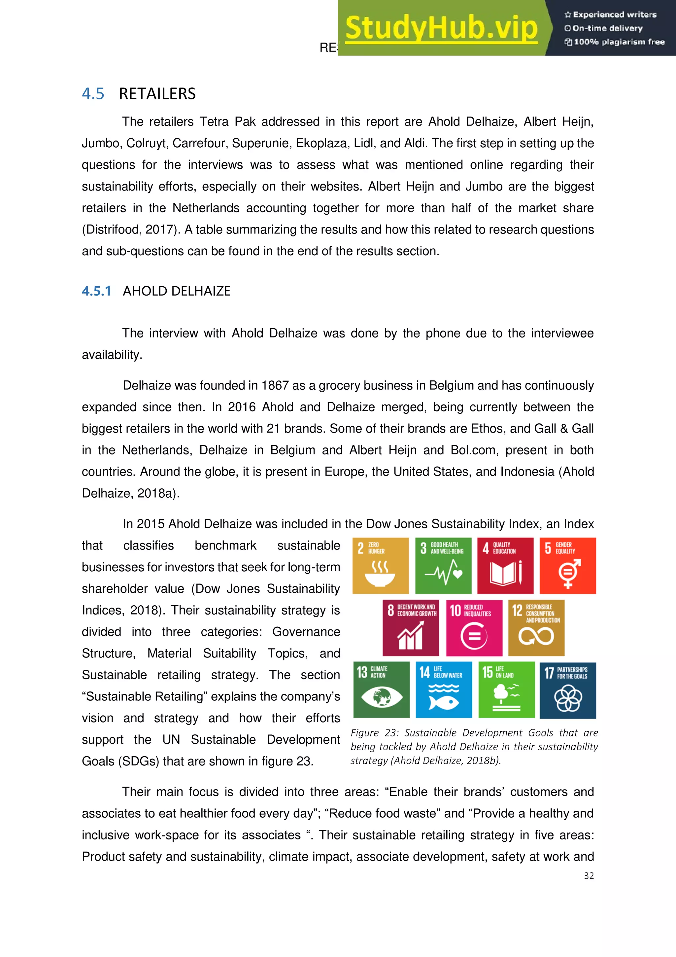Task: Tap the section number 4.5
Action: click(93, 94)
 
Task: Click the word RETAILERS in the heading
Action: click(157, 94)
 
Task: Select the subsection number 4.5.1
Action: click(96, 291)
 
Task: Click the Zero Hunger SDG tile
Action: click(380, 566)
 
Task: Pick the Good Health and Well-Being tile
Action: click(443, 566)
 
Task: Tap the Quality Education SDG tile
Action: click(505, 566)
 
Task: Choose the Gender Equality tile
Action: click(568, 566)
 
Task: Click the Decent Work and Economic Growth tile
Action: click(411, 628)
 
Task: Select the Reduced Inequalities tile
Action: click(474, 628)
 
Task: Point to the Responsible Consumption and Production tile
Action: click(536, 628)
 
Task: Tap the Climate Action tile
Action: click(381, 690)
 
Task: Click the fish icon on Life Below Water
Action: click(444, 702)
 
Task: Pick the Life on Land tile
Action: click(506, 690)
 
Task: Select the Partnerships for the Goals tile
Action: click(568, 690)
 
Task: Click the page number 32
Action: click(589, 876)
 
